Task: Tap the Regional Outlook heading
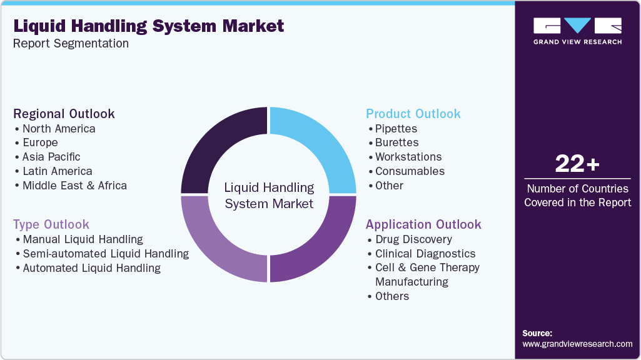[x=64, y=114]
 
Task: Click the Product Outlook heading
[x=413, y=114]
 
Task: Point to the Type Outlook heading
[x=51, y=224]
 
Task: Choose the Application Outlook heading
[x=423, y=224]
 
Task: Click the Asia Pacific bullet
[x=51, y=157]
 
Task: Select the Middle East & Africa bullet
[x=74, y=186]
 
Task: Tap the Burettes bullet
[x=396, y=142]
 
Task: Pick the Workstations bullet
[x=408, y=157]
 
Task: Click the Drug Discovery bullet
[x=413, y=239]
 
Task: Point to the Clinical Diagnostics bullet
[x=425, y=254]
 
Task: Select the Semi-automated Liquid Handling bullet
[x=106, y=254]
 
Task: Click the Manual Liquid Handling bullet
[x=83, y=239]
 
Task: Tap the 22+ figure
[x=577, y=164]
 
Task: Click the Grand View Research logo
[x=577, y=30]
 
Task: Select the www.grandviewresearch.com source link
[x=577, y=344]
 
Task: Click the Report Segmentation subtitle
[x=71, y=44]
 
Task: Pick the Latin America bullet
[x=57, y=171]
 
